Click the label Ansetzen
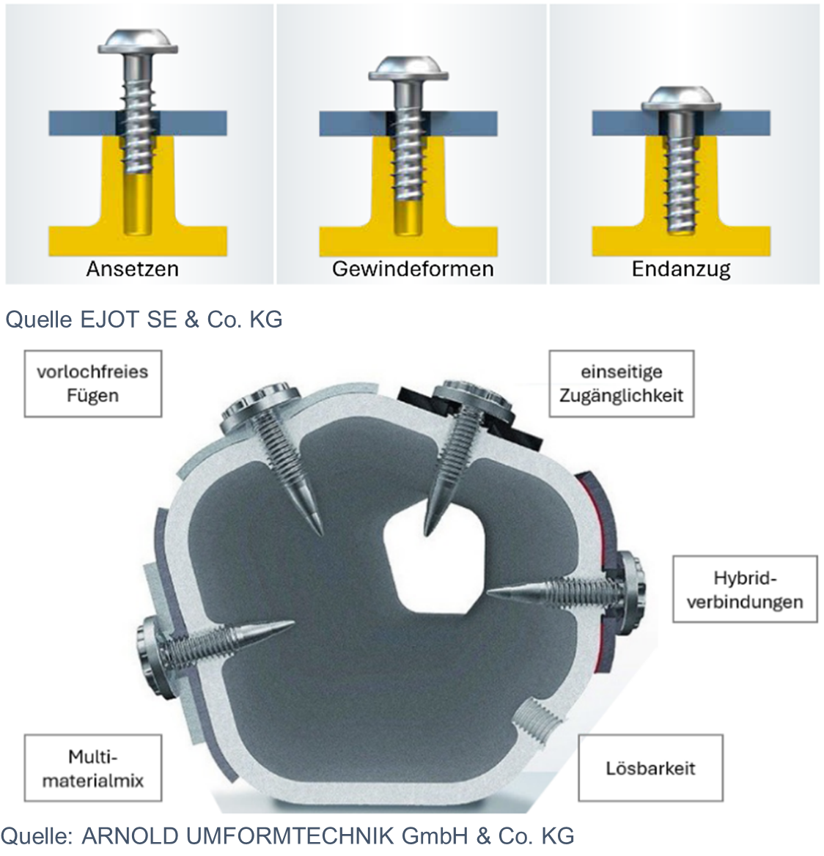tap(133, 268)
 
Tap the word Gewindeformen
tap(413, 268)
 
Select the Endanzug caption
tap(681, 269)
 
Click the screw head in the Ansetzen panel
tap(138, 42)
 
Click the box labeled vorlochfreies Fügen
tap(93, 384)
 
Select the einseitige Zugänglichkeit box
tap(622, 384)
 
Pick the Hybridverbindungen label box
tap(745, 589)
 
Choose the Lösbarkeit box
tap(650, 768)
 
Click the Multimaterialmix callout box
tap(93, 768)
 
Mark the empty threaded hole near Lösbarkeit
tap(538, 723)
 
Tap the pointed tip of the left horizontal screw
tap(294, 622)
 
